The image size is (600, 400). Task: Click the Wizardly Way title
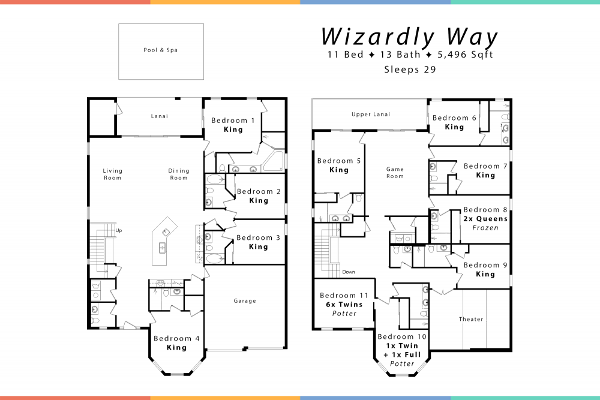click(409, 37)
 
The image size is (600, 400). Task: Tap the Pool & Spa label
click(161, 50)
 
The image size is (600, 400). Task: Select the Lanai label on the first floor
click(160, 116)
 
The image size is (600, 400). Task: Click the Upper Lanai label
click(371, 115)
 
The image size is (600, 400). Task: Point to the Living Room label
click(113, 174)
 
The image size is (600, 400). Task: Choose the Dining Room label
click(179, 174)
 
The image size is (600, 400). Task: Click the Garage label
click(245, 301)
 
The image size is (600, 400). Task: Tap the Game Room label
click(395, 173)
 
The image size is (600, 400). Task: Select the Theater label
click(471, 319)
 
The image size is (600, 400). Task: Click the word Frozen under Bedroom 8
click(485, 228)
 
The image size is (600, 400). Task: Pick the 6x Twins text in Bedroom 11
click(344, 305)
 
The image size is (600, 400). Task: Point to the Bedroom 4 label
click(176, 338)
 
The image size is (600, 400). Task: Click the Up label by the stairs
click(119, 231)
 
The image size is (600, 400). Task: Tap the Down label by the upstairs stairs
click(349, 272)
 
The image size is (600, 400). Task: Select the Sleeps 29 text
click(410, 70)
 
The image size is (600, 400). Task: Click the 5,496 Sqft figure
click(466, 55)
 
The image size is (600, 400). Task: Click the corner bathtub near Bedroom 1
click(273, 161)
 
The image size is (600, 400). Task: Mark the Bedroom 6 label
click(454, 118)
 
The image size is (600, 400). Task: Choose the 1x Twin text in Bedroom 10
click(402, 345)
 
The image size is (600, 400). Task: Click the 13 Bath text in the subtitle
click(400, 55)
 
